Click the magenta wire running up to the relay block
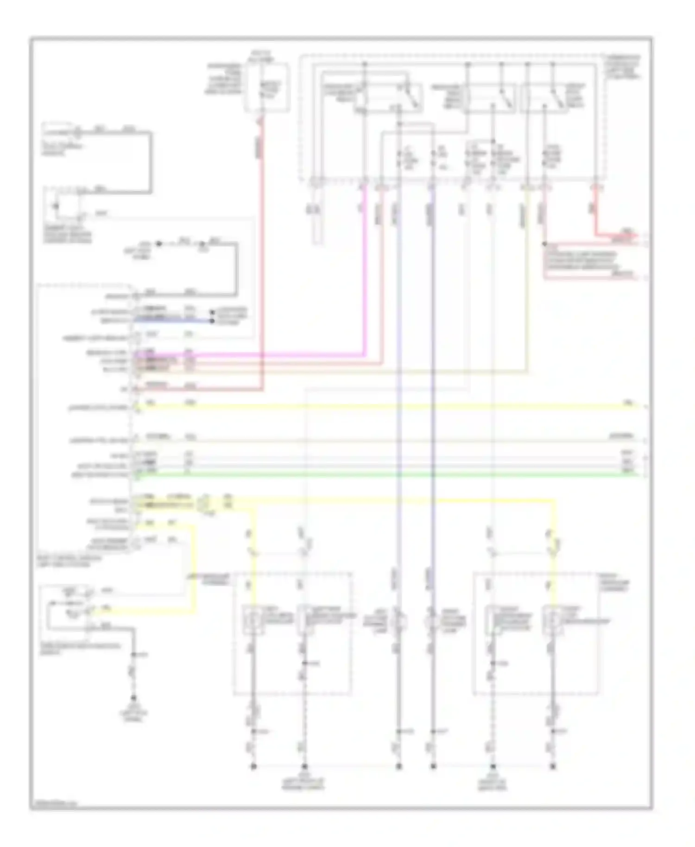365,278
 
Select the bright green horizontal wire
371,475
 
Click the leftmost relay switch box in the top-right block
388,97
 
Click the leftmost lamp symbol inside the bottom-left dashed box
253,620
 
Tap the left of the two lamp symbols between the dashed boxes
398,621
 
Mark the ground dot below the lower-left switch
133,698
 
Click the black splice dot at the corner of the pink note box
545,244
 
